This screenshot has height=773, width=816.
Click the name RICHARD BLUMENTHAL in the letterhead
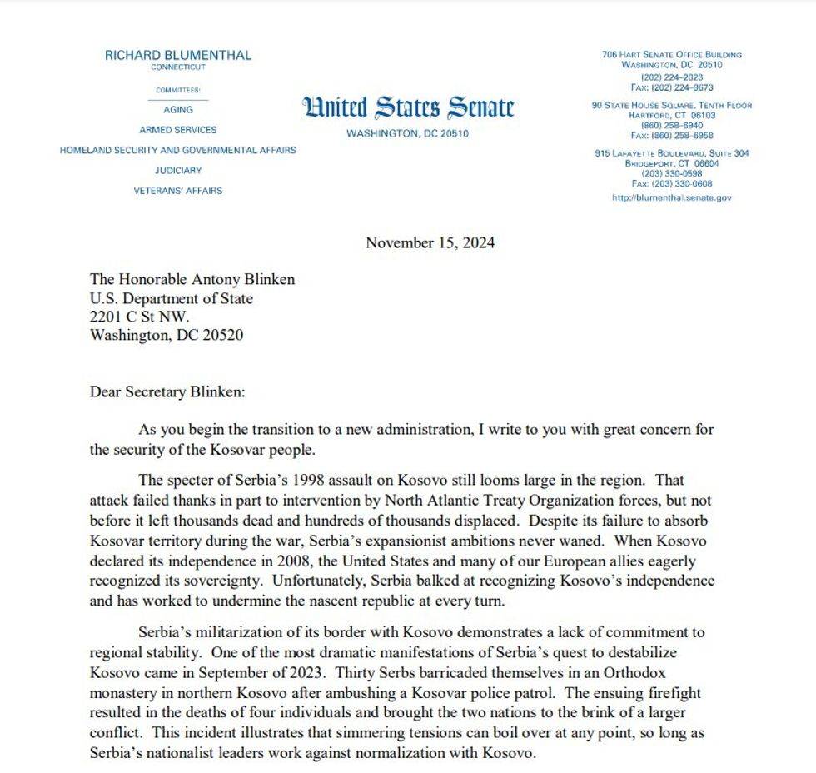(x=177, y=55)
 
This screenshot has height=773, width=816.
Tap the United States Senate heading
(x=407, y=107)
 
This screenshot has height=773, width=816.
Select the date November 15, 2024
(x=430, y=243)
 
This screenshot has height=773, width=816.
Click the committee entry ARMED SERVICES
(x=177, y=130)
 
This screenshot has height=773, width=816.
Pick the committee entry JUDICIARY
(x=177, y=170)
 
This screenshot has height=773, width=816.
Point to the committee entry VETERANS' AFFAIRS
(x=177, y=191)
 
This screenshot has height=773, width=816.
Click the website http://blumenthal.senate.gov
(x=671, y=197)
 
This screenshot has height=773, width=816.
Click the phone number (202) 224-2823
(x=671, y=77)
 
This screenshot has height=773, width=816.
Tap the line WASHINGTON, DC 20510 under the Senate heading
(x=407, y=133)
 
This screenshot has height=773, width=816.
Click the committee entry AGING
(x=177, y=109)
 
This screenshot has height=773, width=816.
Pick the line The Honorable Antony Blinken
(x=192, y=280)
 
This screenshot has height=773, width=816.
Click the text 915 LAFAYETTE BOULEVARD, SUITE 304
(x=671, y=153)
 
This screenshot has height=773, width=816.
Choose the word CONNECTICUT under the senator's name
(x=177, y=67)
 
